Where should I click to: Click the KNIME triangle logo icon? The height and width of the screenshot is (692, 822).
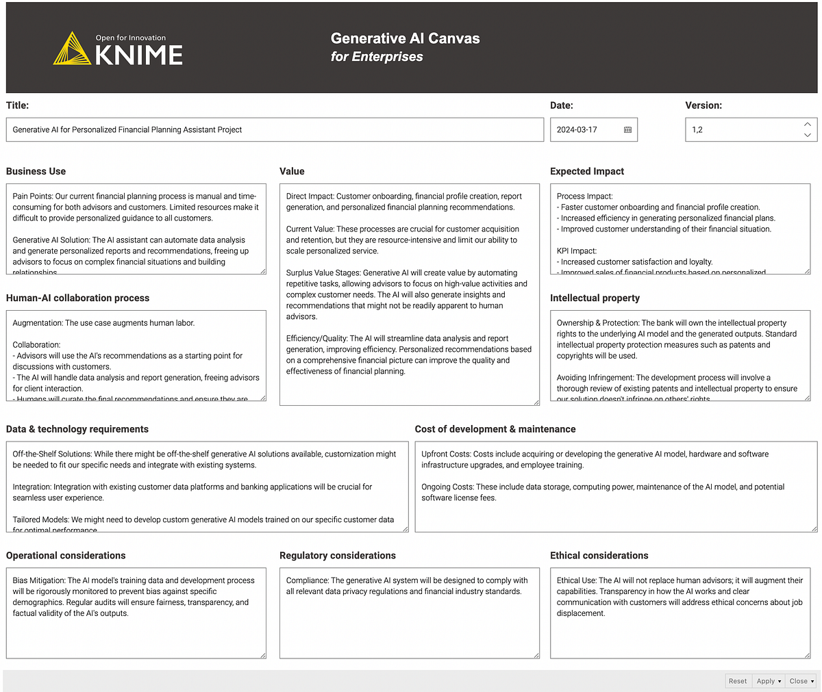click(x=72, y=49)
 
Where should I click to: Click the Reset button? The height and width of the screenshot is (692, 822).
click(x=738, y=681)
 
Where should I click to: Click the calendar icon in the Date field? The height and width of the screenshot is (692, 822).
click(x=627, y=130)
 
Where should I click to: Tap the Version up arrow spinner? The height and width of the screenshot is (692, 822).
click(x=807, y=124)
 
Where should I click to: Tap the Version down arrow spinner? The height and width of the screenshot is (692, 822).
click(x=807, y=136)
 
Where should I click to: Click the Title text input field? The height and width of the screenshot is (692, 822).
click(x=274, y=130)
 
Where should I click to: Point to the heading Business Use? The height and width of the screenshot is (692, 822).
click(x=36, y=171)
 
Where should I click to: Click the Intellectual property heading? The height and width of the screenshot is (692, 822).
click(x=595, y=298)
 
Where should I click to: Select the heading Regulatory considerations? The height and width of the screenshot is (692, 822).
click(x=338, y=555)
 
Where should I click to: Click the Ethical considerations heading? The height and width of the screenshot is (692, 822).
click(x=599, y=555)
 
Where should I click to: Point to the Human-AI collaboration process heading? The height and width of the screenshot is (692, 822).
click(x=77, y=298)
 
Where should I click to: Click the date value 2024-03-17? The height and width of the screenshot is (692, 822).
click(x=577, y=130)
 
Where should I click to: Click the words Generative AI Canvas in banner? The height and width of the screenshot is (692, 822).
click(x=405, y=38)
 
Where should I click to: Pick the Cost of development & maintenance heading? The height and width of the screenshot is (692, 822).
click(x=495, y=429)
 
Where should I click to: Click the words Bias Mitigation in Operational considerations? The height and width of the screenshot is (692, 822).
click(x=38, y=580)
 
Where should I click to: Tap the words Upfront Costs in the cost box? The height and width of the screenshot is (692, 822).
click(x=446, y=454)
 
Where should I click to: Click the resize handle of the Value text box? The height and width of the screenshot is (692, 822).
click(x=536, y=402)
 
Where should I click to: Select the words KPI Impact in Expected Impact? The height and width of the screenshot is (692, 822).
click(x=576, y=251)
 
